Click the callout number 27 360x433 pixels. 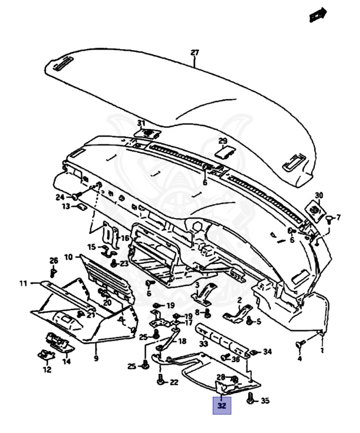tap(195, 53)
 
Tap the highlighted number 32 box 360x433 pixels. tap(222, 405)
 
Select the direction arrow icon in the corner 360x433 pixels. tap(318, 15)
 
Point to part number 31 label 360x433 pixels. tap(141, 123)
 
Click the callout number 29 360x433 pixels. tap(223, 140)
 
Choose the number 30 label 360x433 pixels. tap(319, 195)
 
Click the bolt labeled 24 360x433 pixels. tap(74, 197)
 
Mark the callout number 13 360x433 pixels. tap(66, 206)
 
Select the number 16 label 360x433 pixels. tap(125, 238)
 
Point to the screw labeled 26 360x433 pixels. tap(54, 272)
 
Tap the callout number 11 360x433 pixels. tap(23, 282)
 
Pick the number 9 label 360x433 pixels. tap(95, 358)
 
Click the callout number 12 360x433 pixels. tap(47, 370)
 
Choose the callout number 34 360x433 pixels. tap(267, 351)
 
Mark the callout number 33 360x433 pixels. tap(203, 343)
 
